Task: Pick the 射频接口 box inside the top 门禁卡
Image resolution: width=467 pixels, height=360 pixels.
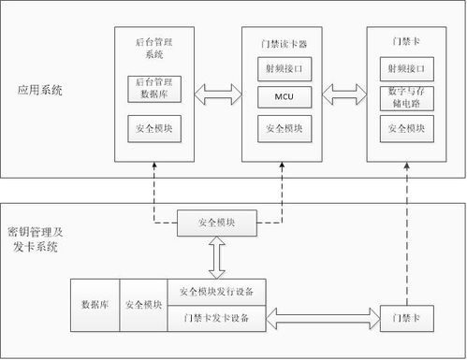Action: pyautogui.click(x=407, y=68)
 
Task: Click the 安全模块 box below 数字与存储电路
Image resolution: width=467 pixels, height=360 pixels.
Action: pyautogui.click(x=407, y=127)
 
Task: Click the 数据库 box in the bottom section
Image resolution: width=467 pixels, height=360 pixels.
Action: pyautogui.click(x=97, y=305)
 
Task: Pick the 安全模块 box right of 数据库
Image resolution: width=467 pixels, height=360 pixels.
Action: pyautogui.click(x=144, y=305)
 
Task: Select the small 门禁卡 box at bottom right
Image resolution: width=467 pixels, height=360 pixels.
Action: pyautogui.click(x=404, y=318)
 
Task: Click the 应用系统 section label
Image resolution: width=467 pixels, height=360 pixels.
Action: pyautogui.click(x=40, y=91)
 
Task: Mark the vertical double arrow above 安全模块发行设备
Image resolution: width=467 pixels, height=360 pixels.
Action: pyautogui.click(x=216, y=256)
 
